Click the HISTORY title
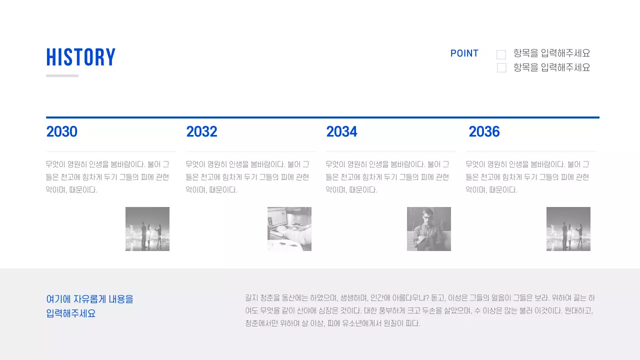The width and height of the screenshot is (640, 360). (81, 57)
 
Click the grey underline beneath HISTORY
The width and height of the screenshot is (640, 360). (62, 76)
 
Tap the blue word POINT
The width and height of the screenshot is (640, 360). (464, 53)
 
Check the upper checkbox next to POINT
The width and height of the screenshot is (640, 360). (501, 54)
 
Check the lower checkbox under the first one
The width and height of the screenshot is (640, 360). (501, 67)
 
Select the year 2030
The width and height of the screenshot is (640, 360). (61, 132)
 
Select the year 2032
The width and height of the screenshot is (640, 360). (201, 132)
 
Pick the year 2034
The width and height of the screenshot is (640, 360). (341, 132)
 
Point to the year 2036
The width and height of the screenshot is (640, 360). (484, 132)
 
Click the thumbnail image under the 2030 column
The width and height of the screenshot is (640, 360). (147, 229)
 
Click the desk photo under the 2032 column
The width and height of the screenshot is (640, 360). (289, 229)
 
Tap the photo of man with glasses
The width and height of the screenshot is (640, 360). (429, 229)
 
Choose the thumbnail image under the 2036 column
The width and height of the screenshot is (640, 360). (568, 229)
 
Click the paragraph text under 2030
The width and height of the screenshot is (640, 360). (107, 177)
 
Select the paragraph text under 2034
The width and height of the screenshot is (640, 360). (387, 177)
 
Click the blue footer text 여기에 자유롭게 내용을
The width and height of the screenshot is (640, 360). (90, 299)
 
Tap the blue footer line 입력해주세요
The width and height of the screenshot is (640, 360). (71, 314)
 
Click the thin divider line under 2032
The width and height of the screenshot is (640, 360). (250, 151)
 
